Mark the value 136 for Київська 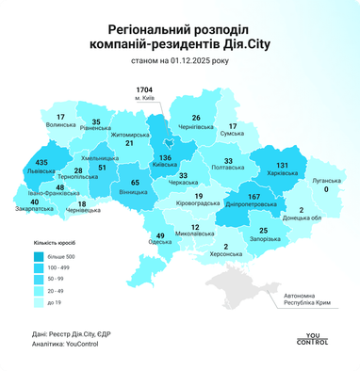[x=166, y=158]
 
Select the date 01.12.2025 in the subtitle [x=186, y=60]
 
